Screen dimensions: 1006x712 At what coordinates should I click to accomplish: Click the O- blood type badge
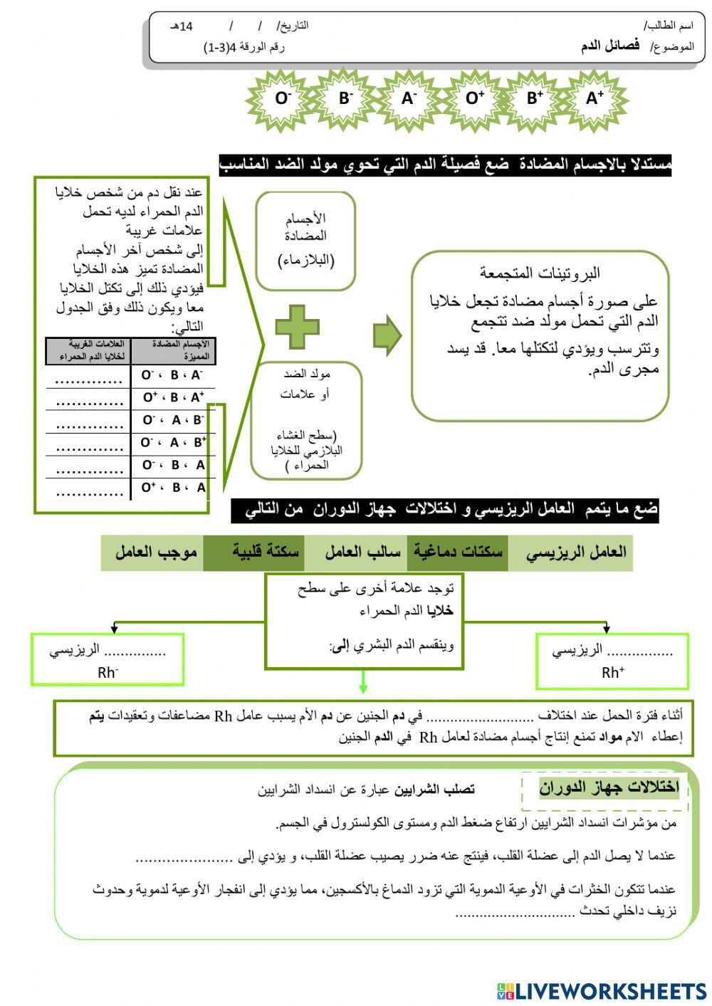(x=283, y=99)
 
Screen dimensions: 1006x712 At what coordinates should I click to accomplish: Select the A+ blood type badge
(x=595, y=99)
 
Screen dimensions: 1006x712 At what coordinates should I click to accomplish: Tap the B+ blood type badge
(x=534, y=99)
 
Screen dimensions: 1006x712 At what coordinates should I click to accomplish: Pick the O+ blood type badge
(x=474, y=99)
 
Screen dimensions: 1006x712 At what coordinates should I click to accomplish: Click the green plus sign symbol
(x=297, y=327)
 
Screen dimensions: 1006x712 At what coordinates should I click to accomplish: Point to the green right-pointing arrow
(x=387, y=335)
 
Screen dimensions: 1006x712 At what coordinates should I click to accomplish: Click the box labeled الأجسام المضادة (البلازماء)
(x=305, y=241)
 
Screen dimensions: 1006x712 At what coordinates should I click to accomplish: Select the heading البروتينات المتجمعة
(x=539, y=273)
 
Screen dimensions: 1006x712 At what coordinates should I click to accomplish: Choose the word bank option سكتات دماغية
(x=458, y=552)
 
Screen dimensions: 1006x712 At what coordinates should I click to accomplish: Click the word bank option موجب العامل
(x=156, y=552)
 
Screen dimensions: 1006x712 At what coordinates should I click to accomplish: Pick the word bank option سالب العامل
(x=362, y=552)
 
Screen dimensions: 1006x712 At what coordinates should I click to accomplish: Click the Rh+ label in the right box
(x=612, y=673)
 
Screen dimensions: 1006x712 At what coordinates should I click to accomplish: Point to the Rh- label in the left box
(x=108, y=673)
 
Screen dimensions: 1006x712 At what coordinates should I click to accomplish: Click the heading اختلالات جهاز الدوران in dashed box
(x=608, y=787)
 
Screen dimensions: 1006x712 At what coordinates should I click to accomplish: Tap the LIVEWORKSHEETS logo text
(x=610, y=990)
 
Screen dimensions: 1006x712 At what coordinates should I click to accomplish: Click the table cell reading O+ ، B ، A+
(x=173, y=397)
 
